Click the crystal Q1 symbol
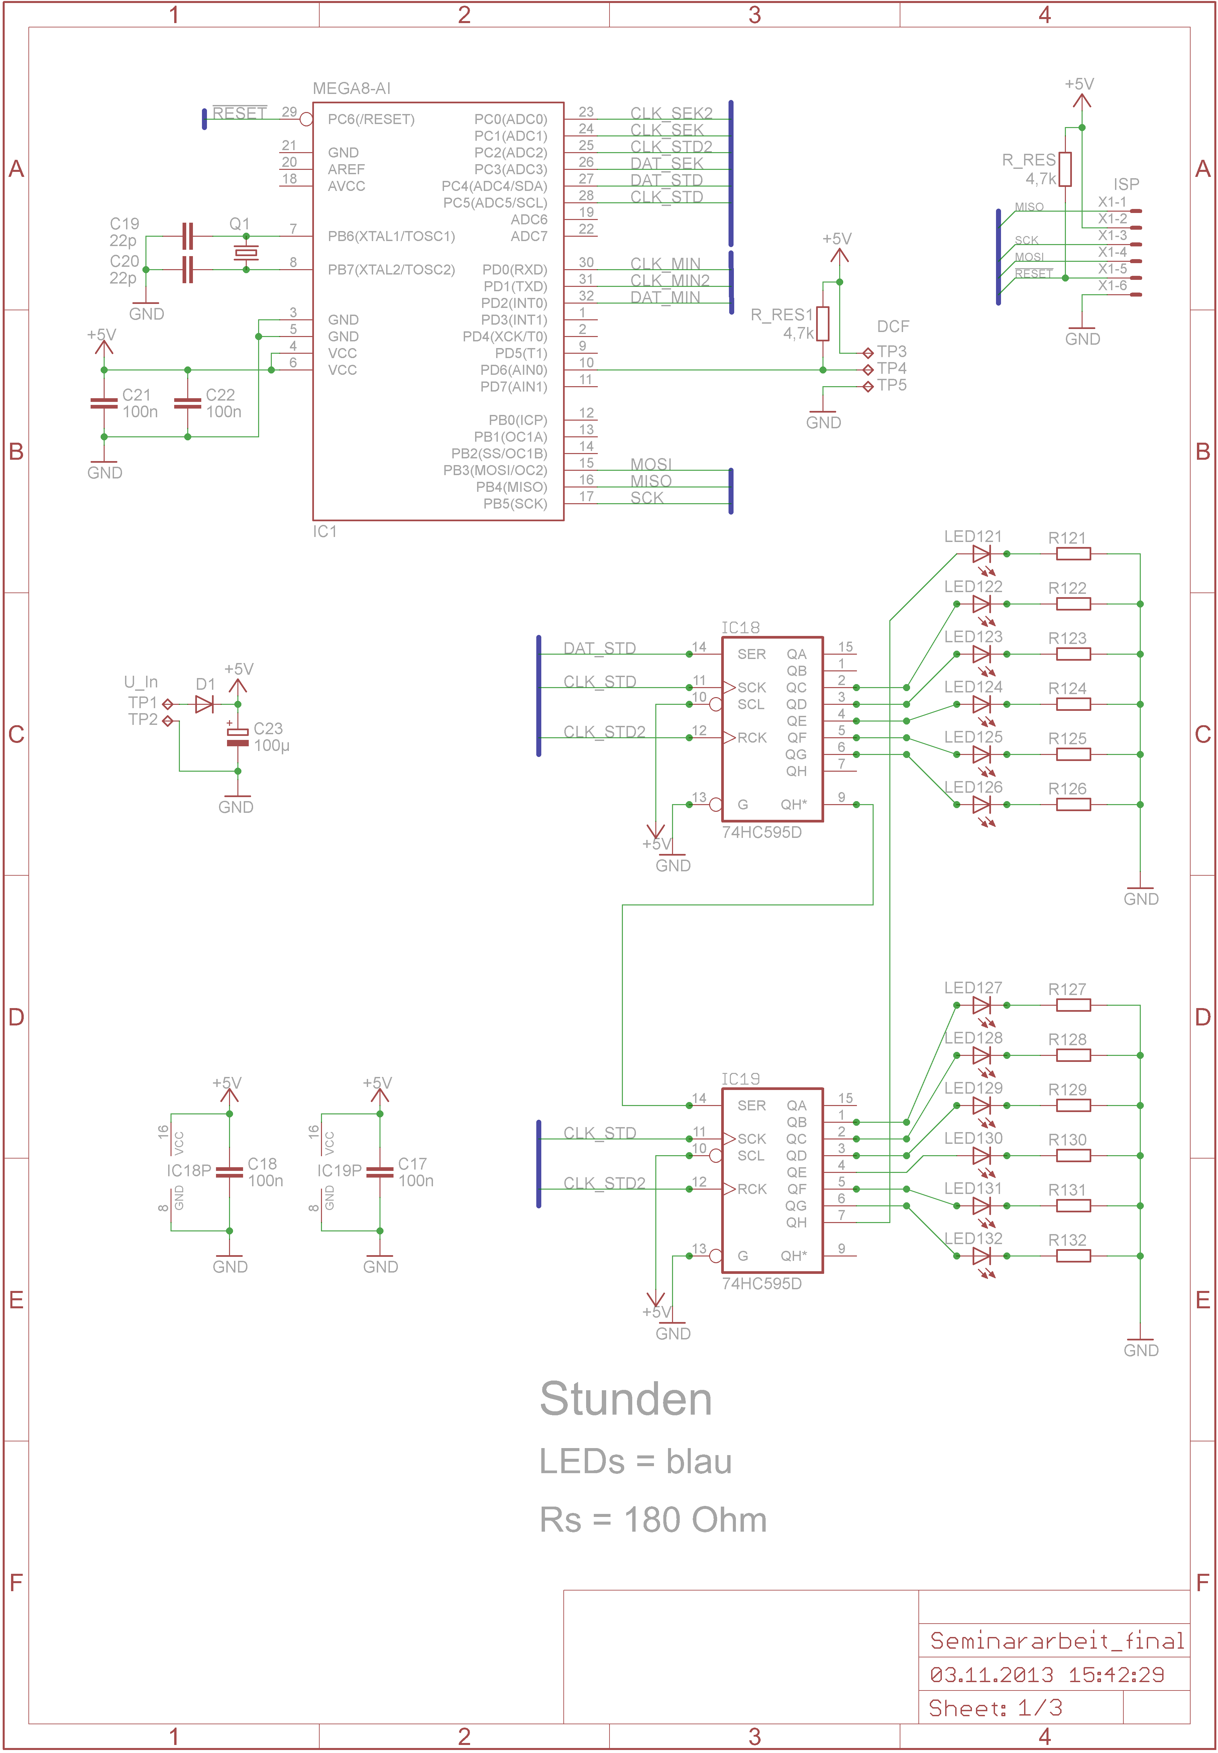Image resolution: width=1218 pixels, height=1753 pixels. click(246, 253)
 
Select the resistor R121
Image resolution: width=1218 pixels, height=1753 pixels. click(1073, 554)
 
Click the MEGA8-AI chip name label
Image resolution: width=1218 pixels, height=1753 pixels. click(352, 89)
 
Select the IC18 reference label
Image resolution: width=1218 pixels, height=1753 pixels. click(740, 627)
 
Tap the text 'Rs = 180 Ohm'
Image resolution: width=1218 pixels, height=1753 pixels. click(653, 1520)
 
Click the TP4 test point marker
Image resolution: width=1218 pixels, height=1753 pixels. click(868, 369)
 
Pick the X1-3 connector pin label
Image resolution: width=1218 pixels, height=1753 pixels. click(1112, 235)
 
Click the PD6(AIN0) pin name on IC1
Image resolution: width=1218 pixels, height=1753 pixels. click(513, 370)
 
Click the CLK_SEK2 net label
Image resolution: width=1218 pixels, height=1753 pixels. click(671, 113)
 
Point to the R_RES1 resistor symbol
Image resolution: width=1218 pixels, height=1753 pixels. click(823, 324)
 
